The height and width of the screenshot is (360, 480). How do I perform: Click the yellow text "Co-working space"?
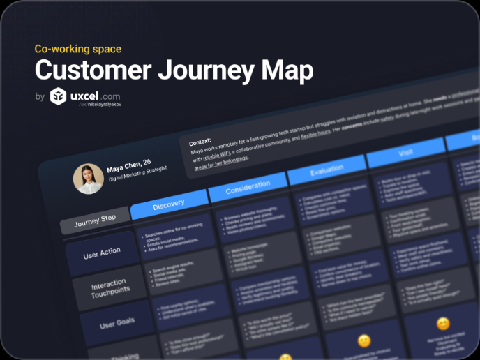coord(78,49)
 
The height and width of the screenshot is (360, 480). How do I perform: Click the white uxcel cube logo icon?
coord(59,96)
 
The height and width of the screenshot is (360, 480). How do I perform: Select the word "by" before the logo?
coord(40,97)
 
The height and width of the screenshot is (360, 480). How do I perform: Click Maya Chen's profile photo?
coord(89,179)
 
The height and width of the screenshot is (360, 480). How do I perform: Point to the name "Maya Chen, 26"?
coord(129,167)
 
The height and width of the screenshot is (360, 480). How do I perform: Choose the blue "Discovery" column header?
coord(169,203)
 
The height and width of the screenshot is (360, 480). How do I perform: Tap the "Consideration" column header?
coord(248,186)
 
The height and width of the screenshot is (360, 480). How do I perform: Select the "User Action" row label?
coord(102,253)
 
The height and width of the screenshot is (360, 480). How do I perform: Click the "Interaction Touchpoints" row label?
coord(110,290)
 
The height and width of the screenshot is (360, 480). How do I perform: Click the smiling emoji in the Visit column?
coord(442,324)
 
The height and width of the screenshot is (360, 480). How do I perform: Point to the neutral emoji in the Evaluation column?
coord(363,341)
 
